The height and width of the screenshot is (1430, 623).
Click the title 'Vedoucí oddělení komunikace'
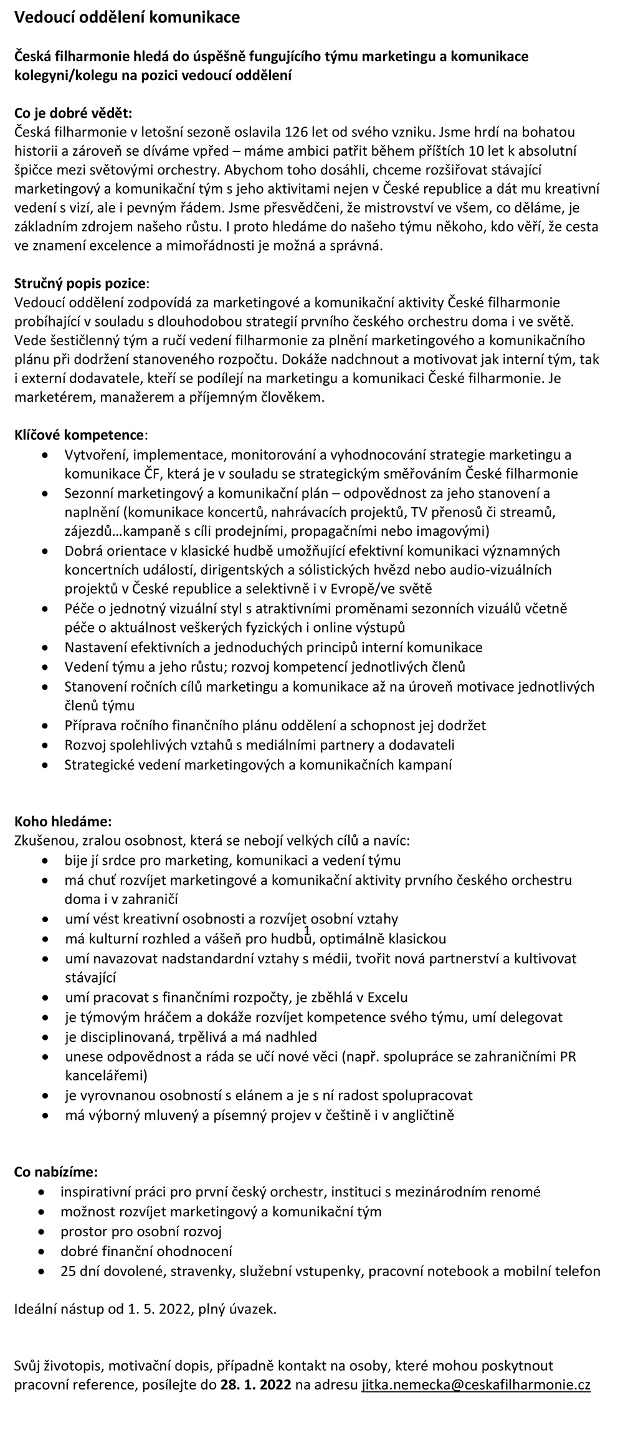[x=127, y=19]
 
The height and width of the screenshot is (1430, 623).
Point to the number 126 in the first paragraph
[x=297, y=132]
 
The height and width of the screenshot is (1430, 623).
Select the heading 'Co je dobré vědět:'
[x=74, y=113]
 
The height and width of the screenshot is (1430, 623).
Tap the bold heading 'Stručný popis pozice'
[x=80, y=284]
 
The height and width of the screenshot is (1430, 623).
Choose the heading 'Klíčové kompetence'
[x=80, y=434]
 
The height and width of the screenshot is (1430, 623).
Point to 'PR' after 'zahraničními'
[x=568, y=1056]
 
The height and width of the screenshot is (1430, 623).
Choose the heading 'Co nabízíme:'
[x=56, y=1172]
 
